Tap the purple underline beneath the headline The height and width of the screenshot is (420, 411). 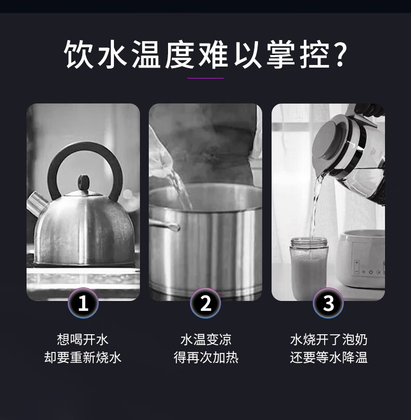205,78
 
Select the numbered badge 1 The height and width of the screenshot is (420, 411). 83,303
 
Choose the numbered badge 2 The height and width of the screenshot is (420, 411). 205,303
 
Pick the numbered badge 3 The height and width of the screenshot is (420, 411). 328,303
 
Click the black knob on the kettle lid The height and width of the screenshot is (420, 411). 84,181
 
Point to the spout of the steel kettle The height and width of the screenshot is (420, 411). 36,202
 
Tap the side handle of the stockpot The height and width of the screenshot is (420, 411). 164,225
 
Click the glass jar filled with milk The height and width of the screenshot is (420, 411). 309,268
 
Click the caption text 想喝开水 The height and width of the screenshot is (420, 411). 83,339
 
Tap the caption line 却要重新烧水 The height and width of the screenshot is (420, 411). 83,357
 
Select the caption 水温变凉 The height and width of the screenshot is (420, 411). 205,339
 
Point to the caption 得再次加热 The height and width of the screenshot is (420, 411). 205,357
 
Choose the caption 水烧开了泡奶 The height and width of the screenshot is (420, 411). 328,339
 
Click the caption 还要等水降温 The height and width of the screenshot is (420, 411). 328,357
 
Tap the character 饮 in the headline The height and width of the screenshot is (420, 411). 78,54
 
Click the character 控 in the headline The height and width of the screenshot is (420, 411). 315,54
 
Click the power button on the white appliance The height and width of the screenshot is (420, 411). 371,272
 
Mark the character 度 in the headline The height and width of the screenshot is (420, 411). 179,54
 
